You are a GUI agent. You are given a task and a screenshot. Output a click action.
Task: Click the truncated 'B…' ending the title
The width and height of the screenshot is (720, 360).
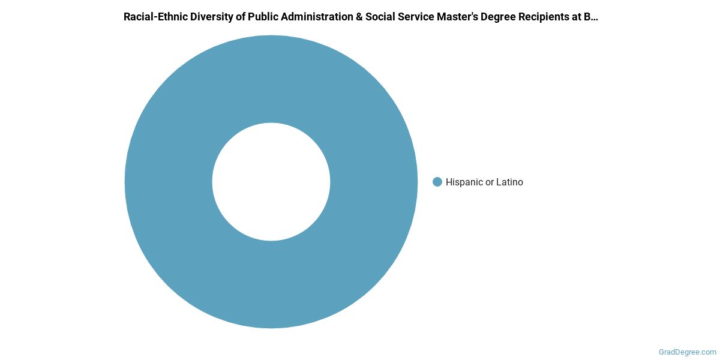593,17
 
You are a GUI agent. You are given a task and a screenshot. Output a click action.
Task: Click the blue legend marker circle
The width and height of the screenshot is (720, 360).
437,182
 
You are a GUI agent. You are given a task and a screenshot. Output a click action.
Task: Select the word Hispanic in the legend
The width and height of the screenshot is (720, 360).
464,182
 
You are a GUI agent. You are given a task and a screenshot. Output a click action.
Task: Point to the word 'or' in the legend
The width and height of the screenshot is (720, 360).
490,182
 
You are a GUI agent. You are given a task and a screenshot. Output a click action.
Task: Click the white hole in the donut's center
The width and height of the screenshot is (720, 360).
271,182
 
